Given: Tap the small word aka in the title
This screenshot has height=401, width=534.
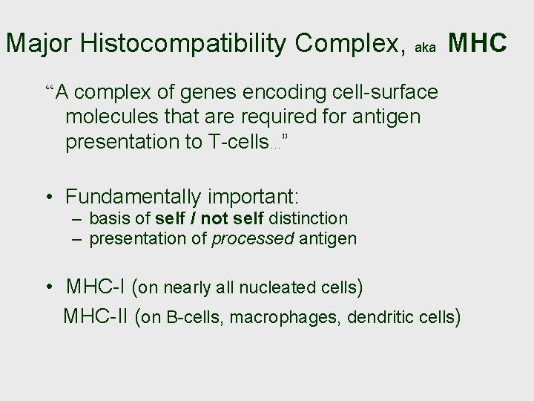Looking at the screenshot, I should coord(425,47).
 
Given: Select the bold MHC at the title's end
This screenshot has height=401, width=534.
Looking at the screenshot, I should coord(478,44).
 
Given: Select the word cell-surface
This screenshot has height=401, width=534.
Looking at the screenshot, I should coord(392,94).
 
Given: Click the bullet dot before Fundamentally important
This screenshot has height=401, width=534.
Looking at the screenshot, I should coord(49,198).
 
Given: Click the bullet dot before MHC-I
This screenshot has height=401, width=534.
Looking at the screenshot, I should coord(49,287).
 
